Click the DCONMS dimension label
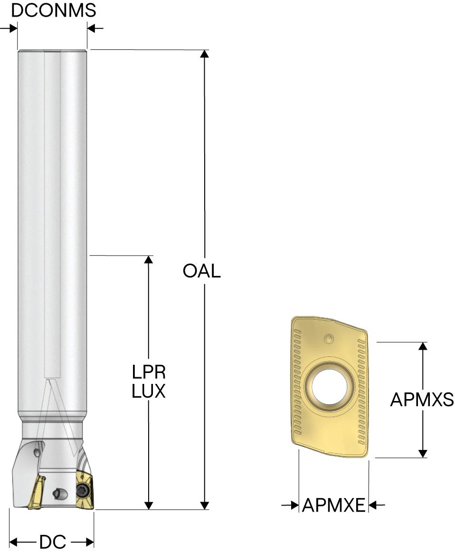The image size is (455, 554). click(x=53, y=10)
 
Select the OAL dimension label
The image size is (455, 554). click(x=201, y=271)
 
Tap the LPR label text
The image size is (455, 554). click(x=149, y=372)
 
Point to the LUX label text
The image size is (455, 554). click(x=149, y=391)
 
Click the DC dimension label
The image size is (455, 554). click(x=53, y=542)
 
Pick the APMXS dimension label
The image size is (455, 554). click(x=422, y=400)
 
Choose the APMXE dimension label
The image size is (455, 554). click(x=333, y=505)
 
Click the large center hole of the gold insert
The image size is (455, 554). click(x=329, y=386)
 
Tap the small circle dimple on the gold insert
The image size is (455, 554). click(x=329, y=339)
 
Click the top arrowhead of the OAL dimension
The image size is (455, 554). click(x=205, y=53)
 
